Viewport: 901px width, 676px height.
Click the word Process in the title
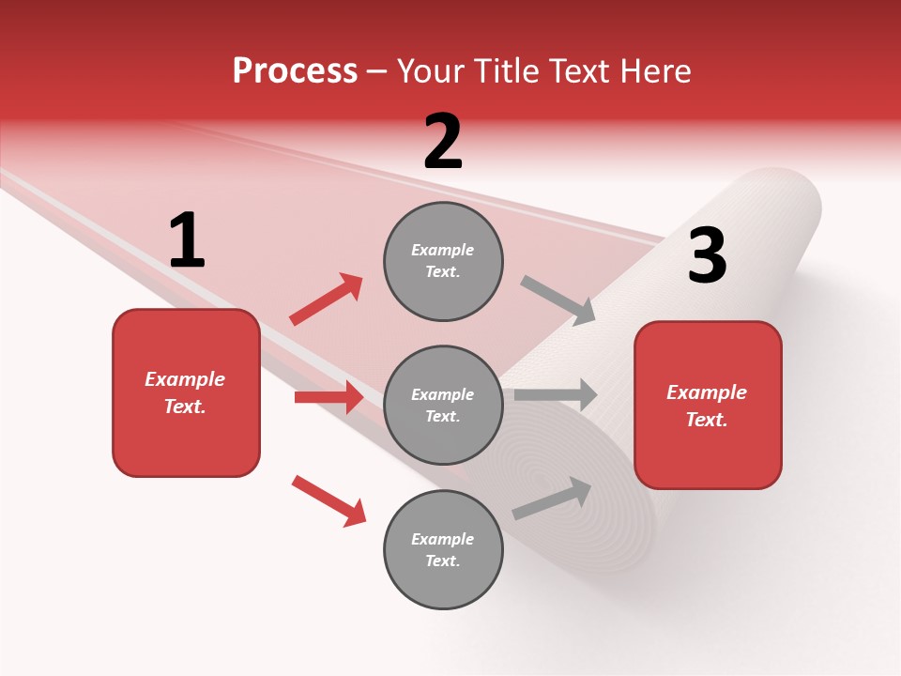295,71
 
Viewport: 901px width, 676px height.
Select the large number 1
187,241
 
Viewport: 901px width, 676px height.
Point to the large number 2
443,142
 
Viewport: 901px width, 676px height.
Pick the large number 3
707,256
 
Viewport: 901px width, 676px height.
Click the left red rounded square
186,392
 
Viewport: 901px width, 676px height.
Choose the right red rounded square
708,405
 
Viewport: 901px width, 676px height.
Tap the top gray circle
443,261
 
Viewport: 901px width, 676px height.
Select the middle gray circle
443,405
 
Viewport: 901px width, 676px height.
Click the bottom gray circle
443,549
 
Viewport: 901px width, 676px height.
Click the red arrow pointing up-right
326,300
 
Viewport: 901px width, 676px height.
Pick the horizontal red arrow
328,397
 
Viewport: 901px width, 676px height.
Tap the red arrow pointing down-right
328,500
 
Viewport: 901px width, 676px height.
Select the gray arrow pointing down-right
557,300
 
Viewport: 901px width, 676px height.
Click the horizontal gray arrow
555,394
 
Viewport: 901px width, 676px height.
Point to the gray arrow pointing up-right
552,498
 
